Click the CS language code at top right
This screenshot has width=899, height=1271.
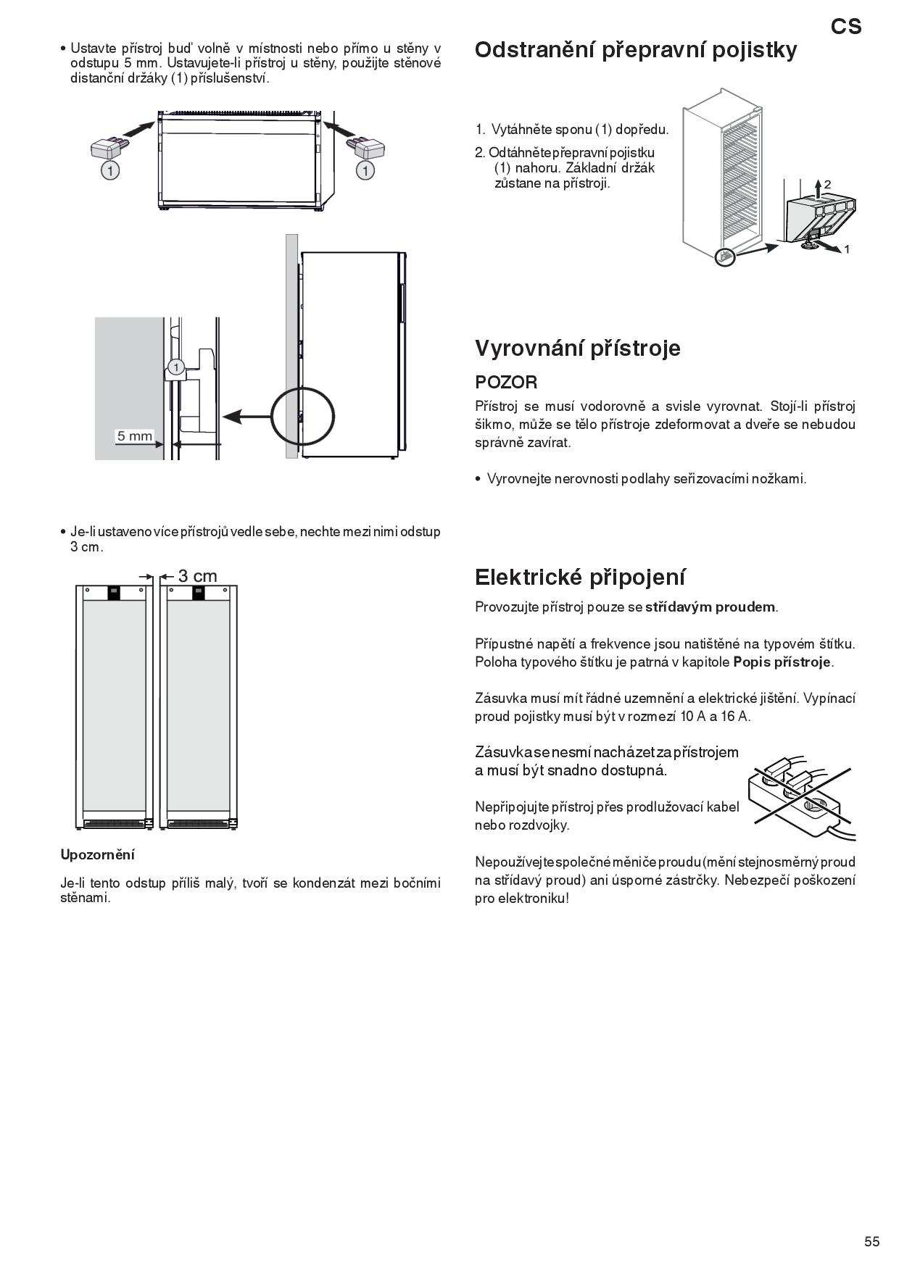846,27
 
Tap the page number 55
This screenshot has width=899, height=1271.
871,1241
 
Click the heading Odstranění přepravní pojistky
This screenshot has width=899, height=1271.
636,50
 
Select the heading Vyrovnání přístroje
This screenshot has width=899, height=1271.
578,349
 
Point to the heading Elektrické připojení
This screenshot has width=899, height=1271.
580,578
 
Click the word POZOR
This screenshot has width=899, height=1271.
506,382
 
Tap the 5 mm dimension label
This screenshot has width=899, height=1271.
135,436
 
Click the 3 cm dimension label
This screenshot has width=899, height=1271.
197,576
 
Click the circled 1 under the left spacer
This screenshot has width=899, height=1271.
109,170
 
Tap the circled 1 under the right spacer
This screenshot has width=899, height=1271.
366,170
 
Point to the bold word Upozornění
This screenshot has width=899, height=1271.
98,854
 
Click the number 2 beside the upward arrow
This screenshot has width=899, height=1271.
827,185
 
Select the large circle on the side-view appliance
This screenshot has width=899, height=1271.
302,415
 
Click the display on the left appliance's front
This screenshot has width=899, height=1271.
115,593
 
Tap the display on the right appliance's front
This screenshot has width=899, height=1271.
198,593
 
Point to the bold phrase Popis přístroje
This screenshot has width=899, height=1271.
782,662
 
